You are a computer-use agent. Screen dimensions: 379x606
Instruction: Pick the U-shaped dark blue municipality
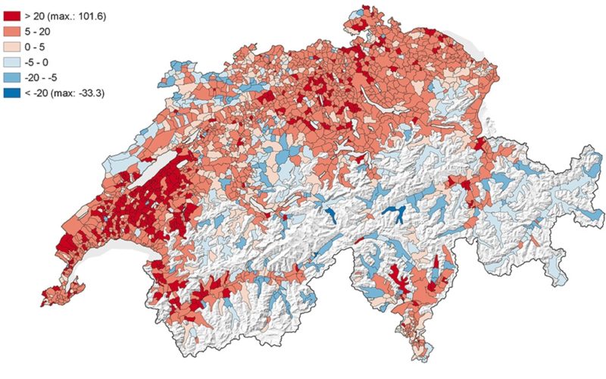392,214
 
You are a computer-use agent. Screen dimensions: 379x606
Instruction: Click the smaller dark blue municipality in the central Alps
331,215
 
